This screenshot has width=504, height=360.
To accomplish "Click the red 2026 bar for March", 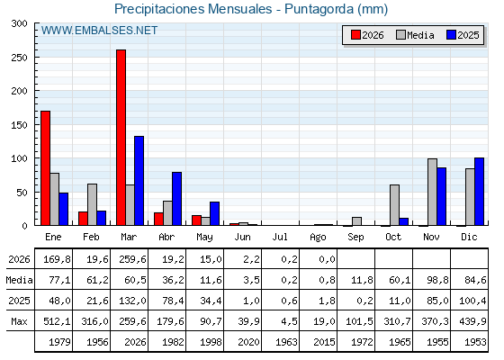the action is coord(121,138).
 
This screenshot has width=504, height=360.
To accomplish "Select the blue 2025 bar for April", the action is coord(176,199).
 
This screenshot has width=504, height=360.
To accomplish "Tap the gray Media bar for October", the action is coord(395,205).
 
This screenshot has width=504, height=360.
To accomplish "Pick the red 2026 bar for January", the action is coord(46,168).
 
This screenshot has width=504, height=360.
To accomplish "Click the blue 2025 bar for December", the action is coord(479,192).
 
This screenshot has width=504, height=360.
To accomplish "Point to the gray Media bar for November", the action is coord(433,192).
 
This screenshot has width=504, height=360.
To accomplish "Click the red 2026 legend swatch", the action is coord(355,35).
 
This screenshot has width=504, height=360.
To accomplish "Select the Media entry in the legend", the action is coord(415,35).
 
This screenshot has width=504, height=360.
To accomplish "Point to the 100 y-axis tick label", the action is coord(19,158).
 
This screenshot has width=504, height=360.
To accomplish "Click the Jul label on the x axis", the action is coord(280,237).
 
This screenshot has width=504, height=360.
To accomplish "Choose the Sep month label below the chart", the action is coord(355,237).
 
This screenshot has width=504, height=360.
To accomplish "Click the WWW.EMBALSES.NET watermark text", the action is coord(99,31).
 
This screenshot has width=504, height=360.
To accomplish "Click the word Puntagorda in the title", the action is coord(319,9).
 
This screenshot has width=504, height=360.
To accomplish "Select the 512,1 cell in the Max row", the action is coord(57,321).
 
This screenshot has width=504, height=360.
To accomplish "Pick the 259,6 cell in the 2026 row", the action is coord(132,259).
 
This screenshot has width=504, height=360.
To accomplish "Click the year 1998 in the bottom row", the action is coord(211,342).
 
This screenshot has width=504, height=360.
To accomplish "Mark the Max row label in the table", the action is coord(19,321).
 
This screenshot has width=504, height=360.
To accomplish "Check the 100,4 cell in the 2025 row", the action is coord(472,301).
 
